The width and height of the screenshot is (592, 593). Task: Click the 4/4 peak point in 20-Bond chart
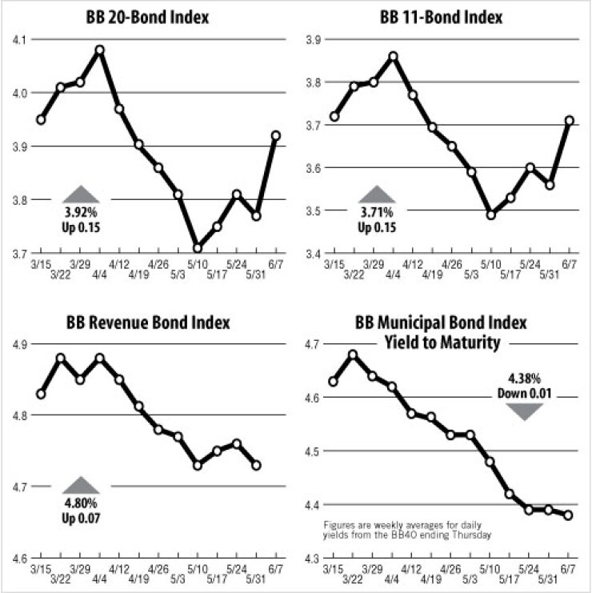(x=100, y=50)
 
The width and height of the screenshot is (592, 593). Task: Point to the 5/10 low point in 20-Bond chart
(x=198, y=248)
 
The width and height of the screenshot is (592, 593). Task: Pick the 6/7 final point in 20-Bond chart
(x=276, y=135)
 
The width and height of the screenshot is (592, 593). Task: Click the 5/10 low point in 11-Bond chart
(x=491, y=214)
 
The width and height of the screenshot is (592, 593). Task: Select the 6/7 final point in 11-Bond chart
(x=569, y=121)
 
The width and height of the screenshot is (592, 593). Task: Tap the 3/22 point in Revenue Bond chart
(x=61, y=358)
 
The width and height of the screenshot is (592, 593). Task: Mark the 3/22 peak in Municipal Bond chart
(x=354, y=355)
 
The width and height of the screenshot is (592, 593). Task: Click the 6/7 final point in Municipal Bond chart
(x=569, y=515)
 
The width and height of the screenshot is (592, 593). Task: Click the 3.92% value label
(x=80, y=214)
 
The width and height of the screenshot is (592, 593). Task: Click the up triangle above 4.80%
(x=81, y=484)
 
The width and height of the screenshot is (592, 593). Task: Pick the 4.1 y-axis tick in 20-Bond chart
(x=18, y=39)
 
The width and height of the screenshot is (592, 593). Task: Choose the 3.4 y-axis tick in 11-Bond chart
(x=313, y=254)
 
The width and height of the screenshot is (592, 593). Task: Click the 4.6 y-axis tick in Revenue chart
(x=18, y=558)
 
